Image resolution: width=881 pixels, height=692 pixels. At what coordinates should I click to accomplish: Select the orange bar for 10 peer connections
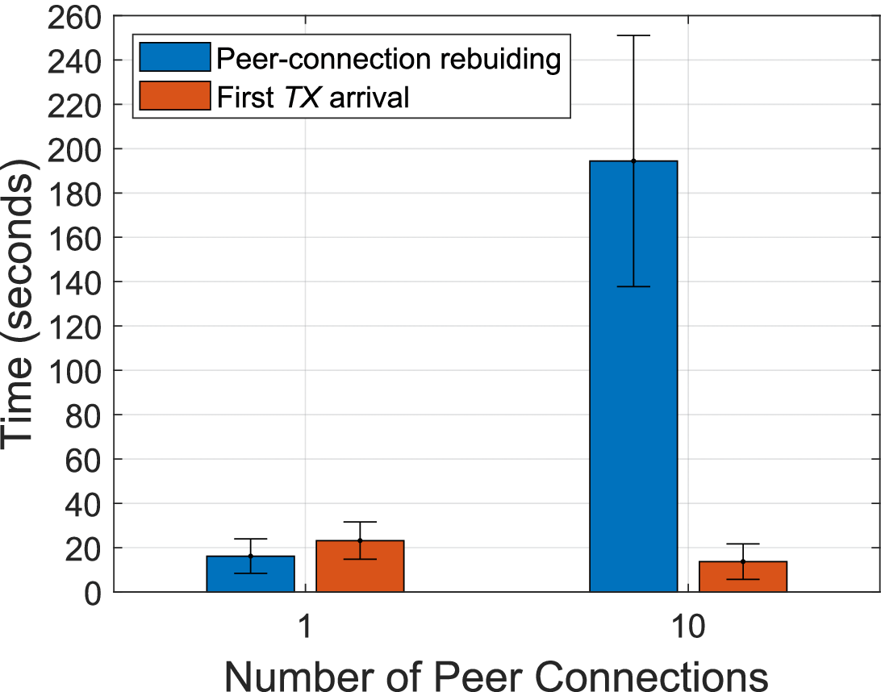[743, 577]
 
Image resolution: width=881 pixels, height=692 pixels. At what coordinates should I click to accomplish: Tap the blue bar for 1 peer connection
[250, 573]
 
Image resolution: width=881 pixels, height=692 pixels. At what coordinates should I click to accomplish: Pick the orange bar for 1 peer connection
[360, 566]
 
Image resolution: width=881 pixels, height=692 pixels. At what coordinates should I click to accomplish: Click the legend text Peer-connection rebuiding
[388, 58]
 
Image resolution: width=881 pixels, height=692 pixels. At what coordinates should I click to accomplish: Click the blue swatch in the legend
[174, 58]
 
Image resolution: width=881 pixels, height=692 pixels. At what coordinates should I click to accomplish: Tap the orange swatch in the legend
[174, 97]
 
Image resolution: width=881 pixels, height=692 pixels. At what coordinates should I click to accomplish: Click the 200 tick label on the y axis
[77, 149]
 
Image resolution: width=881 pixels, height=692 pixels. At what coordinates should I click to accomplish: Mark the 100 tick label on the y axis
[77, 371]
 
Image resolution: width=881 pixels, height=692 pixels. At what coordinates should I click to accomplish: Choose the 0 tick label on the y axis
[92, 593]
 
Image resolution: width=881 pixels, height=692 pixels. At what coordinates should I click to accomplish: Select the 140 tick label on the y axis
[77, 282]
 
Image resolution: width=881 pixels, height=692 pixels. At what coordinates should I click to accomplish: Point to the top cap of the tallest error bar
[633, 35]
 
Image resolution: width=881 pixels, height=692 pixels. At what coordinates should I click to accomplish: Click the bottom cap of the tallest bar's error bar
[633, 286]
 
